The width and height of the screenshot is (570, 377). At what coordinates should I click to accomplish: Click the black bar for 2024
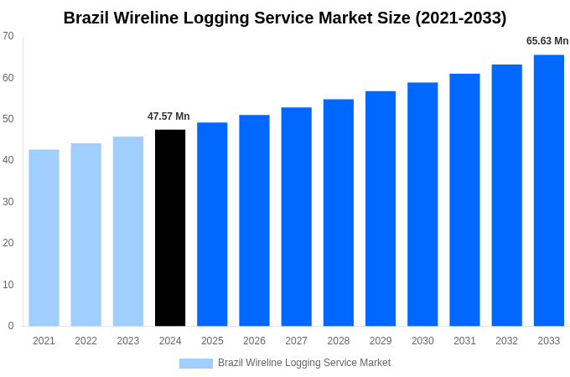pos(170,228)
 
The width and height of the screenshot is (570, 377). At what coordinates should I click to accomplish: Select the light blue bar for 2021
pos(44,238)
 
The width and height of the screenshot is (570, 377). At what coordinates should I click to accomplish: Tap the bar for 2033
pos(548,190)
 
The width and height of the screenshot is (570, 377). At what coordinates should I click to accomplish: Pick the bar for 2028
pos(339,213)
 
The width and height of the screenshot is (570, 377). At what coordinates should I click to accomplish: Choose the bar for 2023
pos(128,231)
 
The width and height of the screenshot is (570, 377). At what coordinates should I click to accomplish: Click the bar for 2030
pos(422,204)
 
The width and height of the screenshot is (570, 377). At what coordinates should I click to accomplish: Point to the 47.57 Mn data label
pos(168,116)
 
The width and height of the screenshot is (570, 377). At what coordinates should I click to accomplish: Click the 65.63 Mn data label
pos(547,41)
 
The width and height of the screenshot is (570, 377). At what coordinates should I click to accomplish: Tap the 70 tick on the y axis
pos(8,36)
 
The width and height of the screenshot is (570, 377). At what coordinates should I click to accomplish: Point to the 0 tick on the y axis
pos(11,326)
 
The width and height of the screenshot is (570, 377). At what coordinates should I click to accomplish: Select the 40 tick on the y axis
pos(8,160)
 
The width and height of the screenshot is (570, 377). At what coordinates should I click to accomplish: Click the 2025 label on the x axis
pos(212,341)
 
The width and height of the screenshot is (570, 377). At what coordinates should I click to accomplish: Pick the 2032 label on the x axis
pos(506,341)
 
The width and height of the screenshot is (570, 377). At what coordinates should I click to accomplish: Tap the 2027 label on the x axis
pos(296,341)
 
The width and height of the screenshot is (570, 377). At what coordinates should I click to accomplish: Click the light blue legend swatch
pos(195,364)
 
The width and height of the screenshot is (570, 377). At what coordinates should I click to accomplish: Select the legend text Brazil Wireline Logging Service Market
pos(304,363)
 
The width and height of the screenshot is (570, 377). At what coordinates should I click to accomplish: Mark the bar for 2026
pos(254,220)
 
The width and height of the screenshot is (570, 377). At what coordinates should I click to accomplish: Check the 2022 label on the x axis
pos(85,341)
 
